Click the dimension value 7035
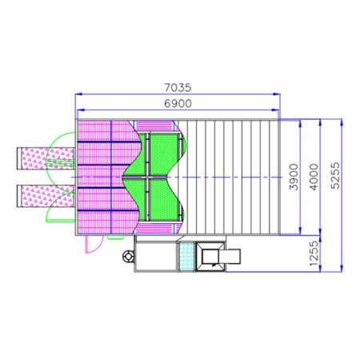click(x=178, y=87)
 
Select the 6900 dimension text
click(x=178, y=103)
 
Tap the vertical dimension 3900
click(x=294, y=177)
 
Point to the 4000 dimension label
click(x=314, y=177)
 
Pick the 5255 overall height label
click(x=335, y=176)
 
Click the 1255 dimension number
click(x=314, y=254)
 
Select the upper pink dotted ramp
click(x=46, y=158)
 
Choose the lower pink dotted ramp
click(x=46, y=196)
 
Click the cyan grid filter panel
click(x=186, y=257)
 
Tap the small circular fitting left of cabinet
click(x=129, y=257)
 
